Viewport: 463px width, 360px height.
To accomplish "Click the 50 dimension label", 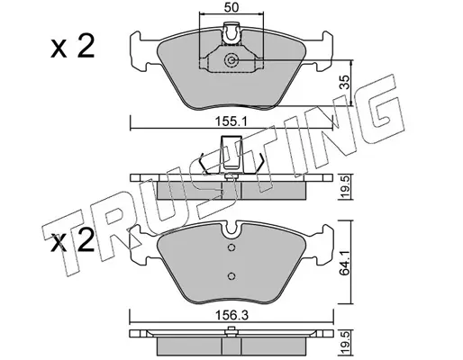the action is pos(231,7).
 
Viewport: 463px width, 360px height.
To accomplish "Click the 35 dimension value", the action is pos(346,82).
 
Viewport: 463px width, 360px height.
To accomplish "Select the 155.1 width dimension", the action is pos(231,122).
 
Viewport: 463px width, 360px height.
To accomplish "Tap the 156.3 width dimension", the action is pos(231,315).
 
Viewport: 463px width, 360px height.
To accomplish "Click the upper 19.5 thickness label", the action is pos(346,188).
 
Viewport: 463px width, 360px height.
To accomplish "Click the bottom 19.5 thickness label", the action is pos(346,343).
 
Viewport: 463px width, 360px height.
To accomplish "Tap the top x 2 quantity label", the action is pos(73,46).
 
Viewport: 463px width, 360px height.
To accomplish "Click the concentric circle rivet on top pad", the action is pos(231,60).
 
